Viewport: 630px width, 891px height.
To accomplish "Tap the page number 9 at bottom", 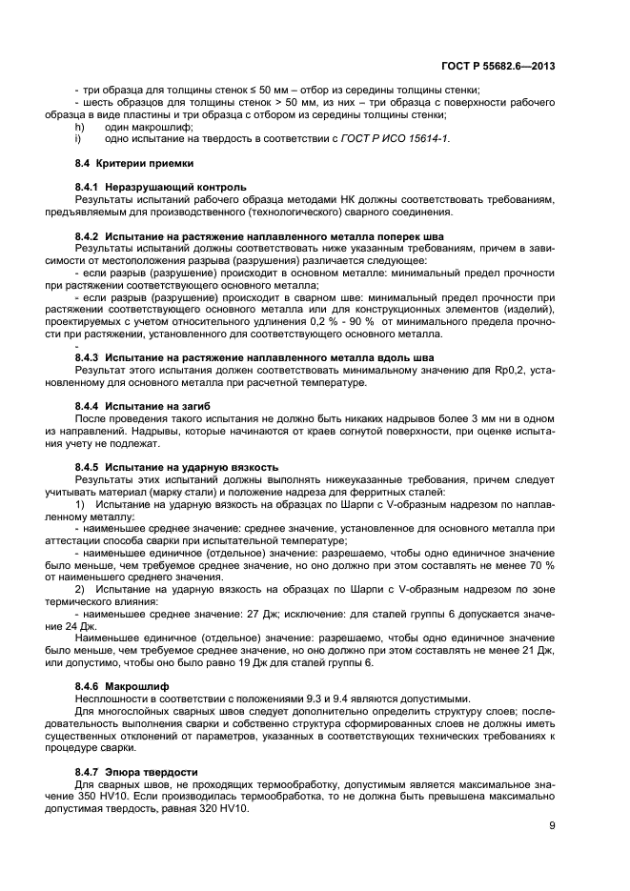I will click(552, 826).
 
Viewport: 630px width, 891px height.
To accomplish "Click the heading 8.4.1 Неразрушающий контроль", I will click(160, 186).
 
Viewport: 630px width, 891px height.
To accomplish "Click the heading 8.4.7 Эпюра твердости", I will click(135, 771).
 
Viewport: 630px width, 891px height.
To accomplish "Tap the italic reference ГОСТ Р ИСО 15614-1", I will click(401, 139).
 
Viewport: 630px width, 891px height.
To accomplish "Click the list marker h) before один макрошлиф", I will click(80, 127).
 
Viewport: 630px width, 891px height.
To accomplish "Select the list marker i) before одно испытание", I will click(79, 139).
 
